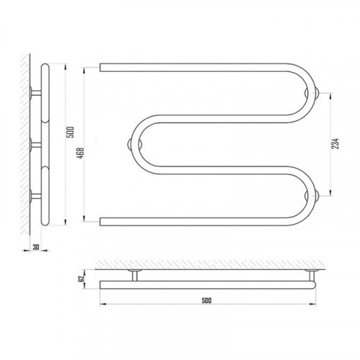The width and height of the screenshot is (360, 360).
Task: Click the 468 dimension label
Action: tap(81, 153)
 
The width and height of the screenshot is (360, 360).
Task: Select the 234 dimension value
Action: tap(335, 144)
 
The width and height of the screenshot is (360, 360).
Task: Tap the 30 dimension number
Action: tap(36, 247)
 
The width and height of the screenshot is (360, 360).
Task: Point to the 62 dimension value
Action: tap(81, 279)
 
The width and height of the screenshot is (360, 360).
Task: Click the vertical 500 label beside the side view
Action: tap(71, 132)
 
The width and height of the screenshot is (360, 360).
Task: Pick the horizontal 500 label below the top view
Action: tap(207, 300)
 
